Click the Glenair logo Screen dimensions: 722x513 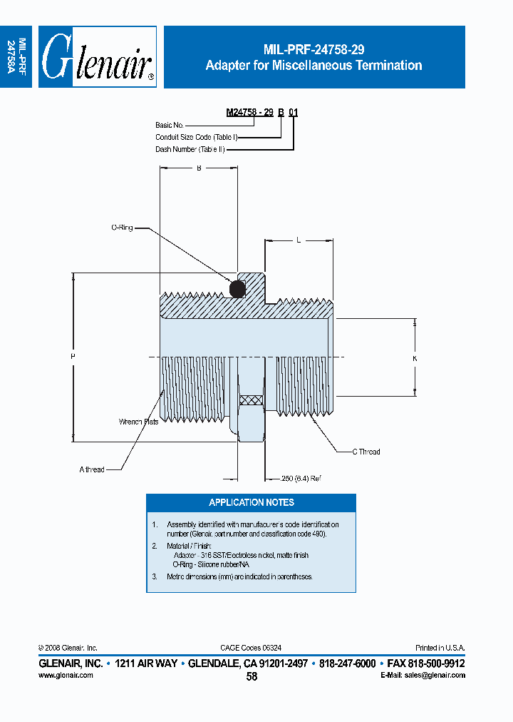tap(98, 58)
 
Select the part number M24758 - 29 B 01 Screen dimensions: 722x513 tap(261, 113)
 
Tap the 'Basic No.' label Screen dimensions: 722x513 tap(170, 125)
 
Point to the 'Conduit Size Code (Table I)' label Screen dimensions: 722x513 tap(196, 137)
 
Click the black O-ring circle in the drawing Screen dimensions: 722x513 tap(237, 289)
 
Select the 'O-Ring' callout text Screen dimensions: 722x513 tap(122, 228)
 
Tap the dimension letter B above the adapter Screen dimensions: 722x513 tap(198, 168)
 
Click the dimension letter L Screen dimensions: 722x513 tap(299, 241)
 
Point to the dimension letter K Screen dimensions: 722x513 tap(415, 358)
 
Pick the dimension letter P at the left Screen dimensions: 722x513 tap(73, 355)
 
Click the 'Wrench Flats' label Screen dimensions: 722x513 tap(138, 422)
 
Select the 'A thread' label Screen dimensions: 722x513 tap(92, 469)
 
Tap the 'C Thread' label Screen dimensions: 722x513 tap(366, 452)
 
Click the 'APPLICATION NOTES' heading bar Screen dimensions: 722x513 tap(251, 502)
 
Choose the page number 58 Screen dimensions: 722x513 tap(252, 676)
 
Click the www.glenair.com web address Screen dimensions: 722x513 tap(66, 675)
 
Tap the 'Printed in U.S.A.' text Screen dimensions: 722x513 tap(440, 648)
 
